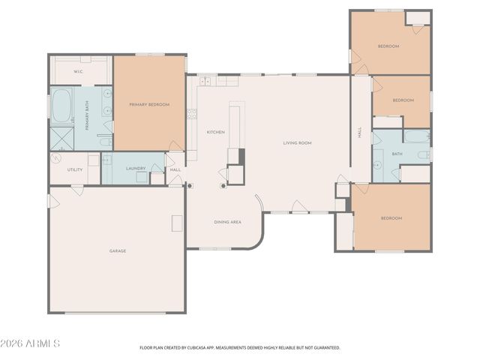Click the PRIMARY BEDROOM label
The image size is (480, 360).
click(149, 104)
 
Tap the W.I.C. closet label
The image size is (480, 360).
click(78, 71)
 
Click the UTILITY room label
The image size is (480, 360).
click(74, 169)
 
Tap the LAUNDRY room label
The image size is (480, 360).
click(136, 169)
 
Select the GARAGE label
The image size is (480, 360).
click(117, 250)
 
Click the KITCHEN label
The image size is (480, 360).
click(215, 132)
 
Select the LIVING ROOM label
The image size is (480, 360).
click(297, 142)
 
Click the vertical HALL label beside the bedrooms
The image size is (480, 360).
click(360, 132)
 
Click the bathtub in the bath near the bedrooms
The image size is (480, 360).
click(416, 136)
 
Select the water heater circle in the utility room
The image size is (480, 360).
click(57, 159)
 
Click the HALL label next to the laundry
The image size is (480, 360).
click(175, 169)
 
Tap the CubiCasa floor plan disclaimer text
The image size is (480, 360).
click(240, 347)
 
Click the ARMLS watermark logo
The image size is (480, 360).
click(30, 343)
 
